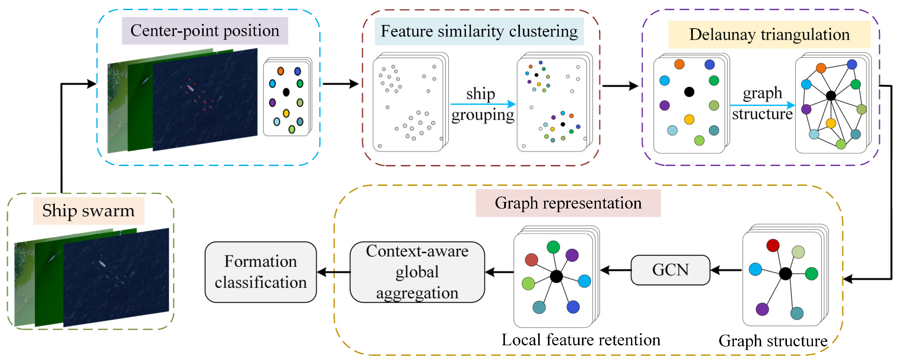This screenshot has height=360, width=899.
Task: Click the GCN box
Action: [670, 270]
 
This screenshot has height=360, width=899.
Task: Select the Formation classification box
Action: [261, 272]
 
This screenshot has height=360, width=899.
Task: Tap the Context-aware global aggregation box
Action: [417, 272]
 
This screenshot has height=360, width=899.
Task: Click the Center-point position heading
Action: [205, 31]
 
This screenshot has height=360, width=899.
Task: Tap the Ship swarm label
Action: [89, 211]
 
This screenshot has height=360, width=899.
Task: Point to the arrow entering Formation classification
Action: [333, 272]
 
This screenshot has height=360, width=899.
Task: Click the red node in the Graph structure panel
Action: [773, 245]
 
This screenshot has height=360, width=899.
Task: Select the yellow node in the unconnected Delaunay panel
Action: [689, 120]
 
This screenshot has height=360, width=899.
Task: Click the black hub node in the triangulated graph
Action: [831, 95]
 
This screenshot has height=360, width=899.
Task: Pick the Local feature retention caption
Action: [581, 340]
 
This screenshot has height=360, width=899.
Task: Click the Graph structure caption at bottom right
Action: [773, 341]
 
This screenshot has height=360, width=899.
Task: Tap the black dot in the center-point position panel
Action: [286, 92]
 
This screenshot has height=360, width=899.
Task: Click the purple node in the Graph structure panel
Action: [762, 309]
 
